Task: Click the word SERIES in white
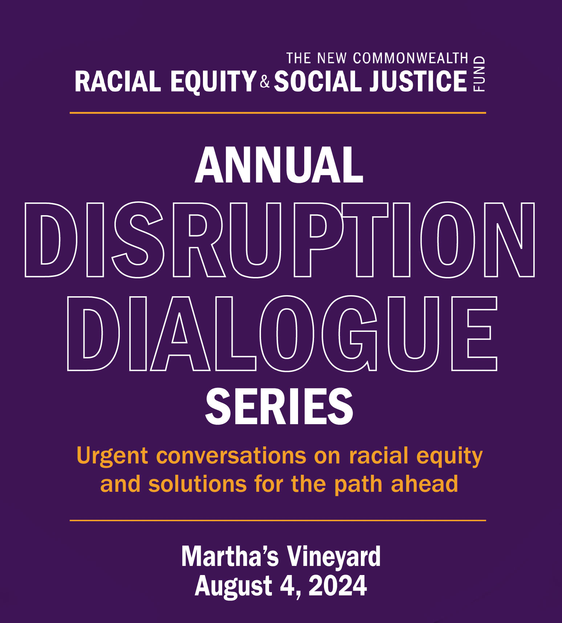pyautogui.click(x=279, y=406)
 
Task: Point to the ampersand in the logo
pyautogui.click(x=265, y=82)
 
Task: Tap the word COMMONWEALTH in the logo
pyautogui.click(x=411, y=58)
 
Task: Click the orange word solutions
pyautogui.click(x=197, y=484)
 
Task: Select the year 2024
pyautogui.click(x=338, y=586)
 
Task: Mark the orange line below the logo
pyautogui.click(x=278, y=113)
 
